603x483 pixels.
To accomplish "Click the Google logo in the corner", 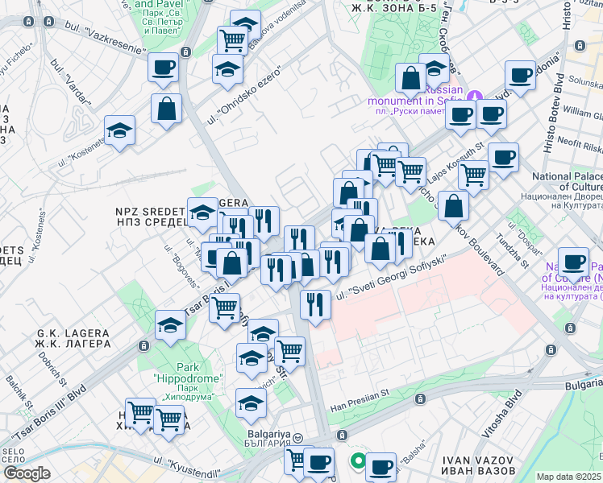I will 27,473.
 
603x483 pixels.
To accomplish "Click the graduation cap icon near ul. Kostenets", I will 120,130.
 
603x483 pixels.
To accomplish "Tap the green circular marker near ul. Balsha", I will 356,462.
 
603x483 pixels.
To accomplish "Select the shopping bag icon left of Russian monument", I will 411,80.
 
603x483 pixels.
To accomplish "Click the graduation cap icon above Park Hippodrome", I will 171,325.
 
